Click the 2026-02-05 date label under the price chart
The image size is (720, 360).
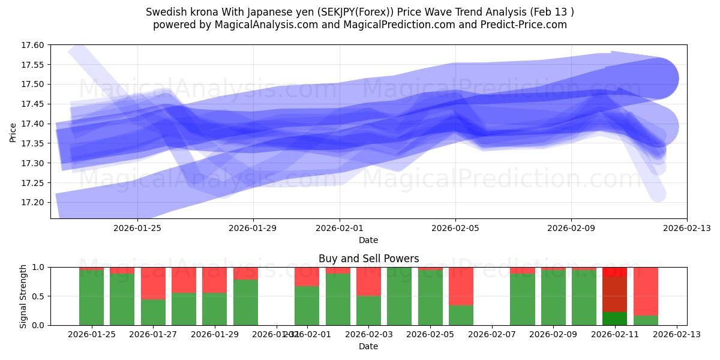[455, 228]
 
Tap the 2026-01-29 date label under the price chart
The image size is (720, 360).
[253, 228]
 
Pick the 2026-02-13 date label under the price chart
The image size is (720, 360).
[687, 228]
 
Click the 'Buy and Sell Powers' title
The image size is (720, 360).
[368, 259]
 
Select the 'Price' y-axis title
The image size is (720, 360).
[13, 132]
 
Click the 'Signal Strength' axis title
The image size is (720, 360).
[23, 296]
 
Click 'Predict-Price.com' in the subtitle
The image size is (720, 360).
[524, 25]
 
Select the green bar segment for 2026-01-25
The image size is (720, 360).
[91, 298]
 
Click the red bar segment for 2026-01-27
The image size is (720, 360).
[153, 283]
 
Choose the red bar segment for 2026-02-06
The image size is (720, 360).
[461, 286]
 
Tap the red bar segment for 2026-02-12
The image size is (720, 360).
[646, 291]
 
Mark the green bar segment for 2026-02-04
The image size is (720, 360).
[399, 296]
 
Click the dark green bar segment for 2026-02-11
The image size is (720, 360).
[614, 319]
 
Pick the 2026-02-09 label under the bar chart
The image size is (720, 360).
[553, 335]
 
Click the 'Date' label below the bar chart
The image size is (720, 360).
[368, 346]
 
